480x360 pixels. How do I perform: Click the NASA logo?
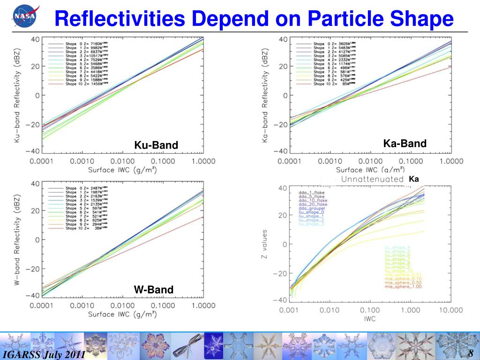[26, 18]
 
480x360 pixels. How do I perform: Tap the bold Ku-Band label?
[156, 145]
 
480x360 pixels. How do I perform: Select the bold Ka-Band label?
[405, 143]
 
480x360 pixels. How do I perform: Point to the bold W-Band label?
[154, 290]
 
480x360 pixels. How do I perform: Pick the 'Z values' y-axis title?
[265, 244]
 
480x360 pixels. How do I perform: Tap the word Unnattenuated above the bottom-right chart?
[372, 179]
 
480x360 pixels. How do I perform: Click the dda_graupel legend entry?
[312, 208]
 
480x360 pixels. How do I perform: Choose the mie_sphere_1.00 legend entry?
[403, 286]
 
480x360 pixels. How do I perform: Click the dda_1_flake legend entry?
[311, 193]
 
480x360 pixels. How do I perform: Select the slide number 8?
[472, 352]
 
